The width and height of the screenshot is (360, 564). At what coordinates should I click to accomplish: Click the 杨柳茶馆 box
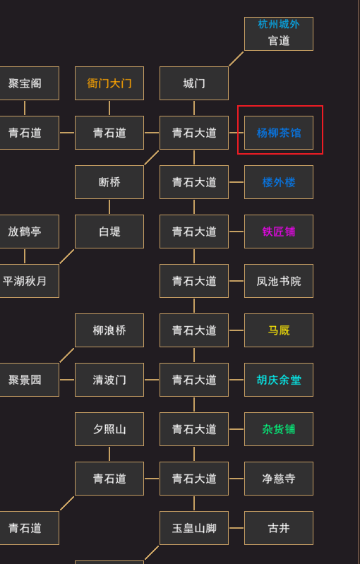279,133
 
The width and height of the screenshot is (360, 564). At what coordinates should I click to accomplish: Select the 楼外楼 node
279,182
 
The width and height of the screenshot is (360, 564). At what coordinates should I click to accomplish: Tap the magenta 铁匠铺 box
279,232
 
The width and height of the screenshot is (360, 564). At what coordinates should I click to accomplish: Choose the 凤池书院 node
279,281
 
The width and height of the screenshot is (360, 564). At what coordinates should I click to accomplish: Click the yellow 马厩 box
279,330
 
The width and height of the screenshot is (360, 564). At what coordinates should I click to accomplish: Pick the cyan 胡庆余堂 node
279,380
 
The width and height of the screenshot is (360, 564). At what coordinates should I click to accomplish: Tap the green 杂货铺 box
279,429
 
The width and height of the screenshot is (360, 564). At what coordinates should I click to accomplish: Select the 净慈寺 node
279,479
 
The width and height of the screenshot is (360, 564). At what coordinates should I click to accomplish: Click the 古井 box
279,528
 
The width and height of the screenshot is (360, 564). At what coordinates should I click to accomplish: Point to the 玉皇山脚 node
194,528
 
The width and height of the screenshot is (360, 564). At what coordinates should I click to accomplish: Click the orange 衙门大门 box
109,83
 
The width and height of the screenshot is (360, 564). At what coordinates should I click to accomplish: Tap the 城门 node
194,83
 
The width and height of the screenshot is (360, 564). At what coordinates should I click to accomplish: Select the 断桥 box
109,182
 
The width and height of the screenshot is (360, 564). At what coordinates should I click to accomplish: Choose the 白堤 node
109,232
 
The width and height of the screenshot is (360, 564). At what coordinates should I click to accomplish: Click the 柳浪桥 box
109,330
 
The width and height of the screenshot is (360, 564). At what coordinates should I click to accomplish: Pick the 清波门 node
109,380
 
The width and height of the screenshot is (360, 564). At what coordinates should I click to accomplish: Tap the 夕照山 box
109,429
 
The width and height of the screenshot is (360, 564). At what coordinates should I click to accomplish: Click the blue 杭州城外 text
279,24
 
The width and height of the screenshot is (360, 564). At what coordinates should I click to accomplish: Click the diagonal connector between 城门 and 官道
236,59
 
